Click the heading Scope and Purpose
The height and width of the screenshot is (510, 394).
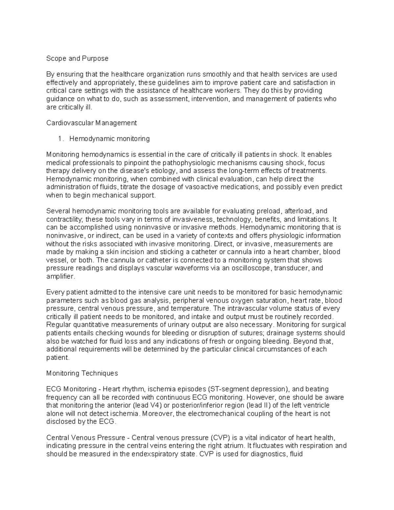pyautogui.click(x=77, y=58)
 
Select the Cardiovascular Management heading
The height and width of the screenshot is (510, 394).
pyautogui.click(x=91, y=123)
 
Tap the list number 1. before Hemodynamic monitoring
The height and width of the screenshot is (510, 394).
pyautogui.click(x=60, y=139)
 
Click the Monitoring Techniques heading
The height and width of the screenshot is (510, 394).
pyautogui.click(x=82, y=373)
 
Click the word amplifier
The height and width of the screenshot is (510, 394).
pyautogui.click(x=60, y=276)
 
